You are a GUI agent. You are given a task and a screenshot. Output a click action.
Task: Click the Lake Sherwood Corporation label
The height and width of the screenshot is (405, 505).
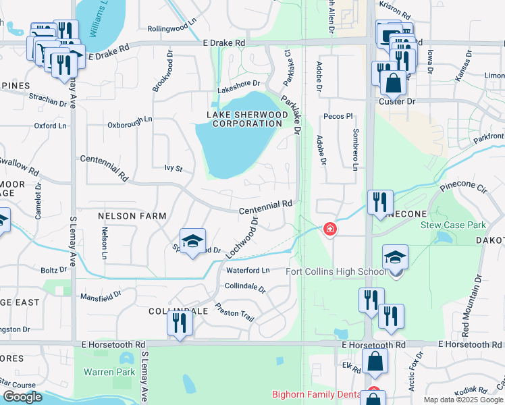pyautogui.click(x=244, y=119)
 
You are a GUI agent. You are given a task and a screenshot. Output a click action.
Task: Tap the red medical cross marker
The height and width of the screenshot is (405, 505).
pyautogui.click(x=329, y=230)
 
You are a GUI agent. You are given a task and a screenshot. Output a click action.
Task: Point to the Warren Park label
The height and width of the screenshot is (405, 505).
pyautogui.click(x=105, y=372)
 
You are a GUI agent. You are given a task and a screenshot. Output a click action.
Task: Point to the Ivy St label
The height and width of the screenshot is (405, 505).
pyautogui.click(x=174, y=168)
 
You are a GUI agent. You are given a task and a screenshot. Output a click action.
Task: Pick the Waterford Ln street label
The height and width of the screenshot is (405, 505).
pyautogui.click(x=248, y=271)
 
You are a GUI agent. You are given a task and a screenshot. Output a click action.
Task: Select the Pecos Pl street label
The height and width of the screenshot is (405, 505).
pyautogui.click(x=341, y=116)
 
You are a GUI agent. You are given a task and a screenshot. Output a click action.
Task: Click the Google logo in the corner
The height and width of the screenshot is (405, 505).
pyautogui.click(x=22, y=396)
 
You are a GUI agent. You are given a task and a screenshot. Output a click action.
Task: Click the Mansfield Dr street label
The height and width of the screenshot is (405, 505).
pyautogui.click(x=101, y=295)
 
